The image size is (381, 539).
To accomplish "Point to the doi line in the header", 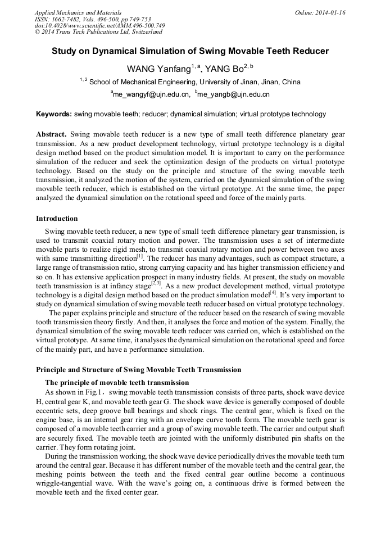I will (x=99, y=25).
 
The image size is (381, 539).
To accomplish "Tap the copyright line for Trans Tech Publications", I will (x=98, y=32).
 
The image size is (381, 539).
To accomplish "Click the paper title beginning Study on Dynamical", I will (x=190, y=51).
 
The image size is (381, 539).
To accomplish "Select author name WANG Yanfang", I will (x=161, y=69).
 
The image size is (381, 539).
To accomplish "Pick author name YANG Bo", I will (x=224, y=69).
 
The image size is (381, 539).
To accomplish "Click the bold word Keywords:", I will (x=54, y=114).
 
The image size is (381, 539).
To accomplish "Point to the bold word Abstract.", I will (x=51, y=135).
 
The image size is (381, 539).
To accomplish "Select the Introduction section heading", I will (x=57, y=219).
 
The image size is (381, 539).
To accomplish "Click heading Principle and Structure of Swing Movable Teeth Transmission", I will (x=138, y=370).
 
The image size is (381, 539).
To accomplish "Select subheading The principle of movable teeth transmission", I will (x=117, y=383).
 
